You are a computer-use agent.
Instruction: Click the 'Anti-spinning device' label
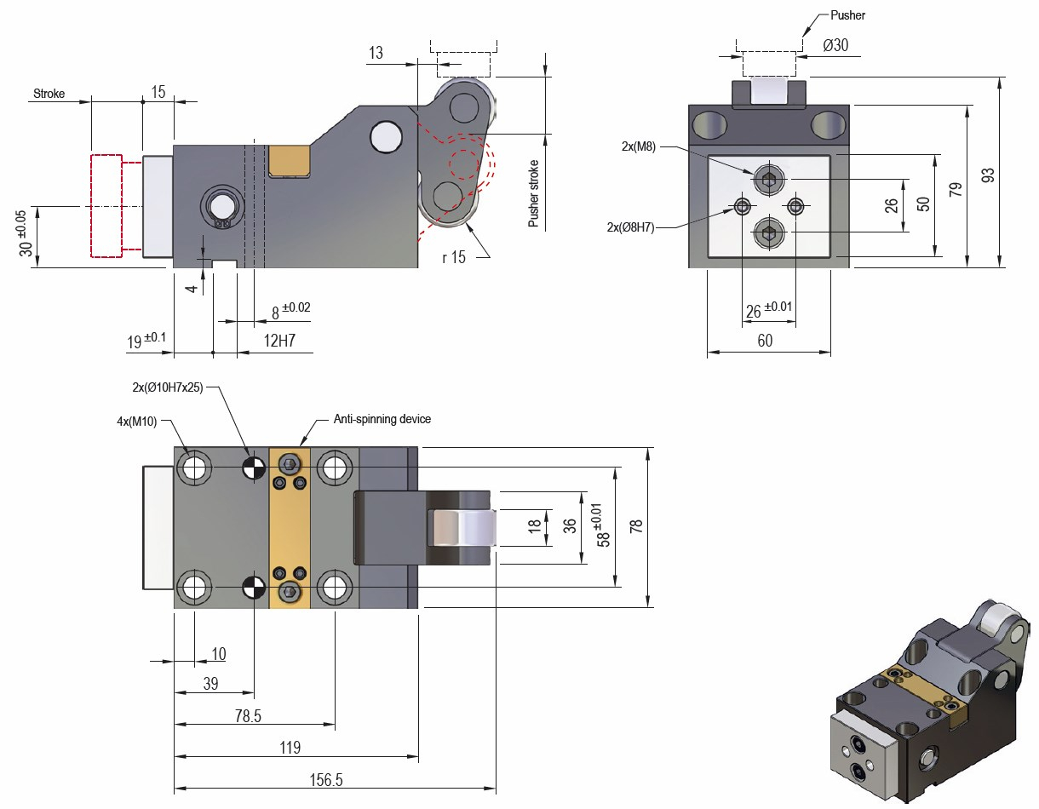382,419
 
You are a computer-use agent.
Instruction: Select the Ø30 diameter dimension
835,46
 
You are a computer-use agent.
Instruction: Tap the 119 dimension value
290,748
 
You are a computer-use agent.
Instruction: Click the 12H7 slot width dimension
279,342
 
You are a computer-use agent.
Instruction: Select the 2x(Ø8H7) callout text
630,227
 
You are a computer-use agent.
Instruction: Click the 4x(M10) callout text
136,420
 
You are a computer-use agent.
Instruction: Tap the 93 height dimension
988,174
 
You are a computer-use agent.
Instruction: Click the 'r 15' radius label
454,257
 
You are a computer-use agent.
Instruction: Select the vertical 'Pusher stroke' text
534,193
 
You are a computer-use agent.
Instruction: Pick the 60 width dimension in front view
765,341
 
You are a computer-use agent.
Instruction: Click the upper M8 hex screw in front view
768,180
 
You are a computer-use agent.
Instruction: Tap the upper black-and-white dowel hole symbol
252,468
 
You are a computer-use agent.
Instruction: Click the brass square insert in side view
288,161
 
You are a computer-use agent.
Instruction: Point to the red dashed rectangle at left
106,205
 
